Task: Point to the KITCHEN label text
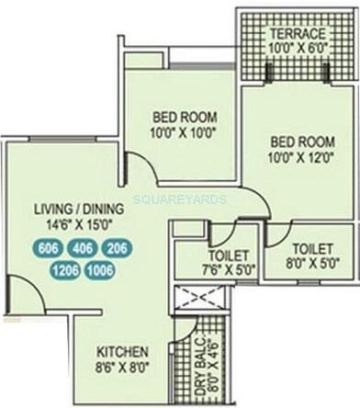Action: pos(123,352)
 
